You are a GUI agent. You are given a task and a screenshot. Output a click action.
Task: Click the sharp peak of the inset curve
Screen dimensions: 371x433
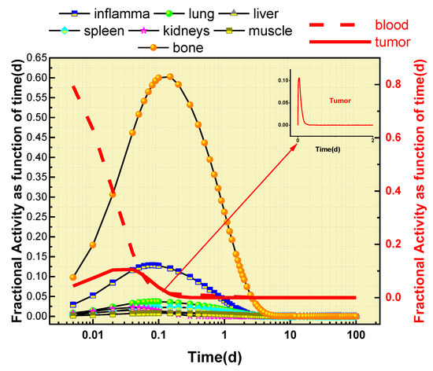tap(298, 79)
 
